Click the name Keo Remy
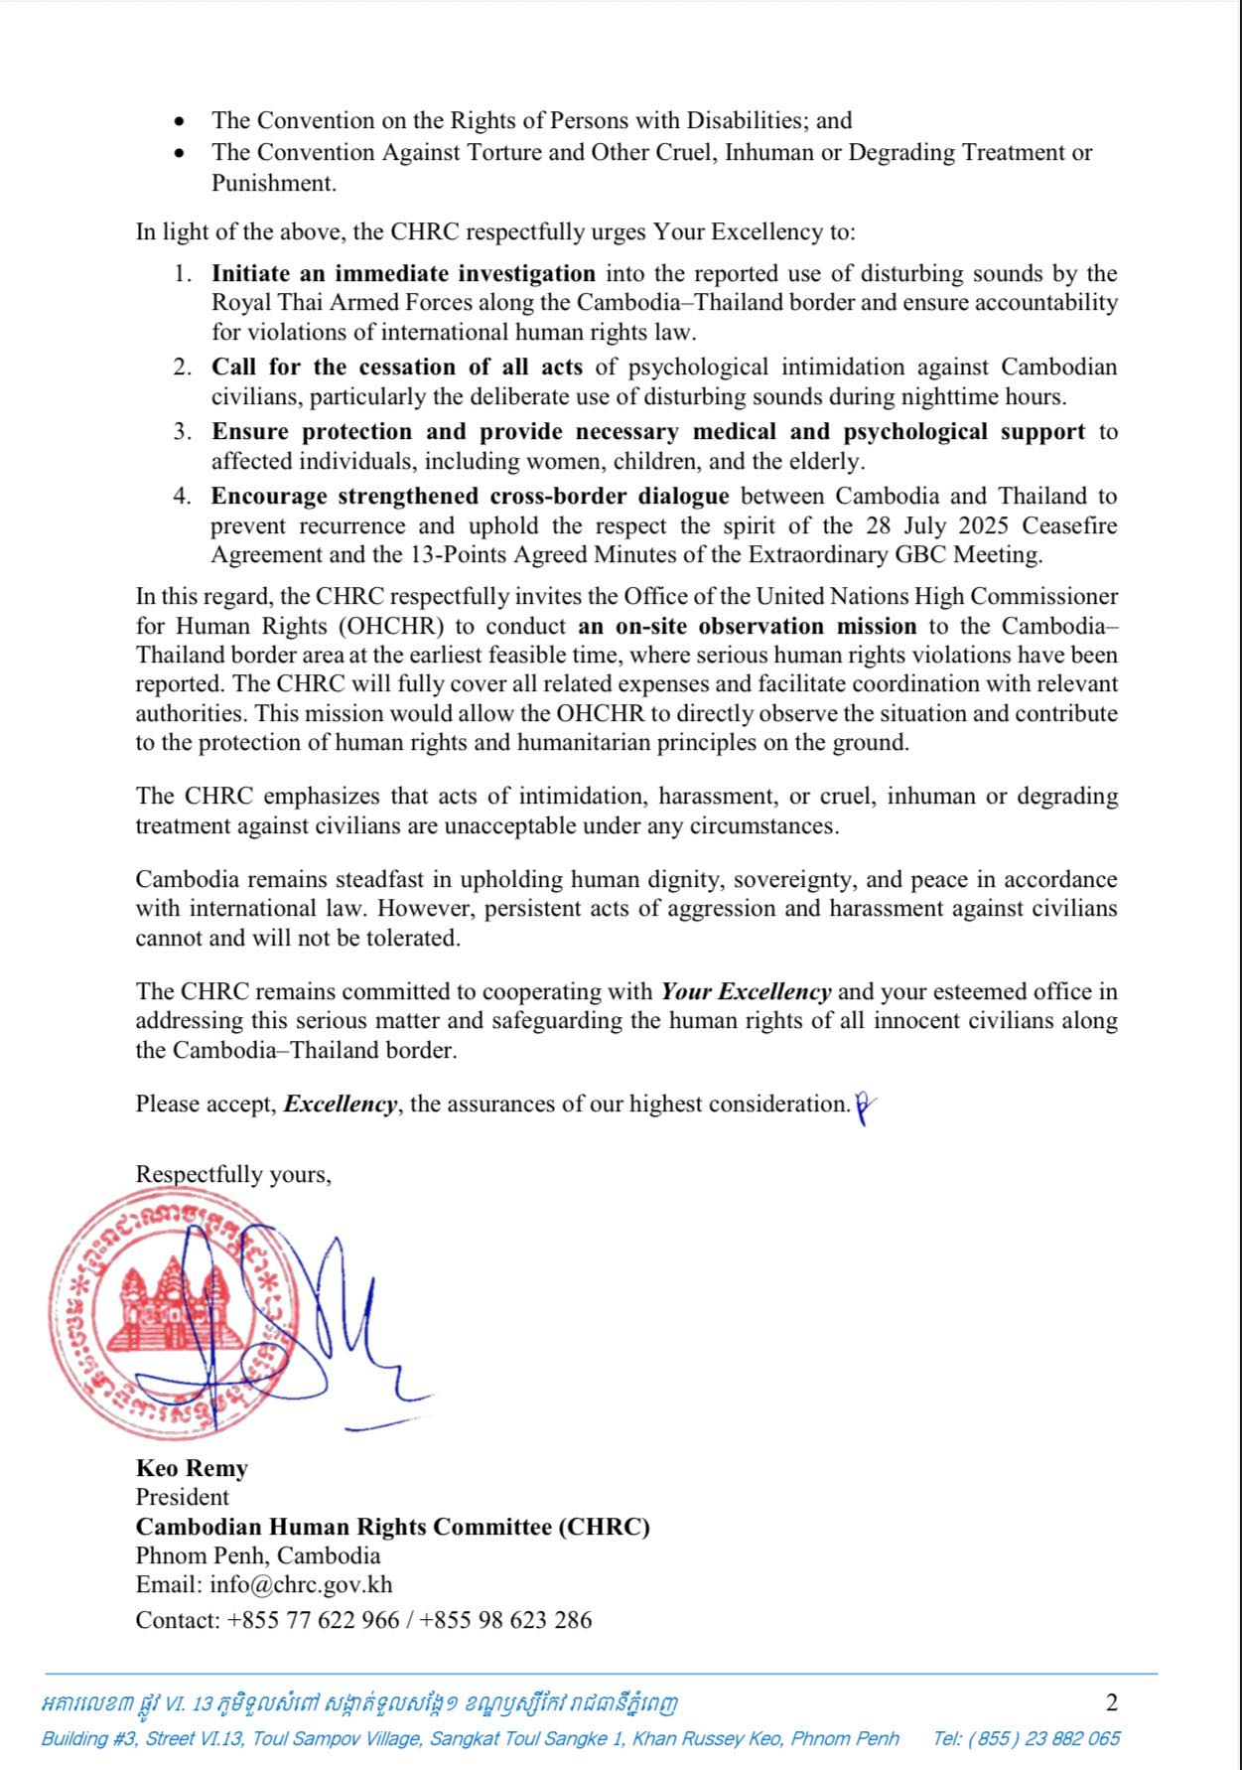tap(192, 1468)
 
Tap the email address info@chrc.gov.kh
tap(301, 1584)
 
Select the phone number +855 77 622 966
tap(313, 1620)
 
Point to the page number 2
tap(1111, 1702)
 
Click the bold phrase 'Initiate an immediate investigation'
tap(403, 273)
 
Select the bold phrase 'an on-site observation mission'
tap(747, 626)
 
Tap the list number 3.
tap(182, 432)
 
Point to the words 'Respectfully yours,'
tap(233, 1174)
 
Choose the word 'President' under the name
tap(182, 1497)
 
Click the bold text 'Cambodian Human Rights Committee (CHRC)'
tap(392, 1527)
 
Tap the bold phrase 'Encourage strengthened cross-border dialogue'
tap(470, 496)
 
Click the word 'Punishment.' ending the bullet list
tap(273, 183)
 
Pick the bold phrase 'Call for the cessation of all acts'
tap(396, 367)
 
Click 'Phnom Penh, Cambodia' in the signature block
tap(258, 1555)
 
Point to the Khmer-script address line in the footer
tap(359, 1704)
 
